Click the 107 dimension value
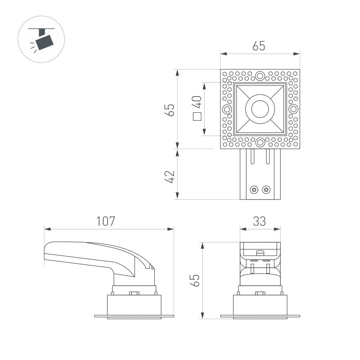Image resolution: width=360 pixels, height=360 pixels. click(x=105, y=221)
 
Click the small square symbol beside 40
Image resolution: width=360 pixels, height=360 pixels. click(x=197, y=117)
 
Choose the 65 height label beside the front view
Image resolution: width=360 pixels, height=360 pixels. click(x=194, y=280)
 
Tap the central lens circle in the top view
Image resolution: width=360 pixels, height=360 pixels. click(x=260, y=109)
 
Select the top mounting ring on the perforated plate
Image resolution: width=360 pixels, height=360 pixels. click(x=260, y=76)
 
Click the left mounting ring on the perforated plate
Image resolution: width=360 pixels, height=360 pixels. click(x=227, y=109)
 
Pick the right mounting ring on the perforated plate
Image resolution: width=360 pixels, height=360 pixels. click(x=293, y=109)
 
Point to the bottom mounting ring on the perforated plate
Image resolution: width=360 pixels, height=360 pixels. click(x=260, y=143)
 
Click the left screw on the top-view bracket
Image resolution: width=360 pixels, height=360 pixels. click(x=254, y=189)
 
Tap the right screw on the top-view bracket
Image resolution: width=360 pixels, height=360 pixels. click(x=266, y=189)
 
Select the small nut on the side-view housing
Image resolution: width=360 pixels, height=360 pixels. click(x=134, y=293)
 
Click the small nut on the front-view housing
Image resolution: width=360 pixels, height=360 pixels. click(x=260, y=293)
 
